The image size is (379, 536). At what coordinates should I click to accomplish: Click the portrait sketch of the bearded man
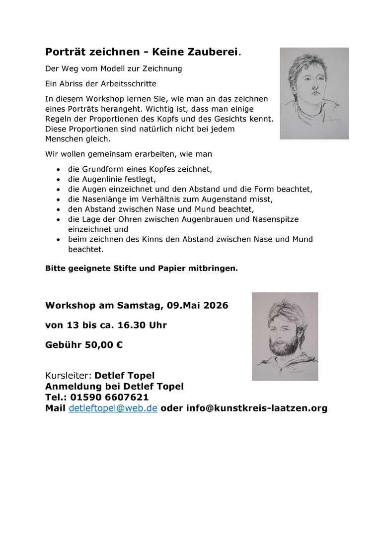click(x=285, y=336)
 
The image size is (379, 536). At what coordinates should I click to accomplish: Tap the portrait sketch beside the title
click(x=314, y=93)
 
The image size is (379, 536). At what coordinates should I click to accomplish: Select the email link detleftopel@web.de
click(x=113, y=408)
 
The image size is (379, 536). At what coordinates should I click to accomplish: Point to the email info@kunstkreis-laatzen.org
click(x=257, y=408)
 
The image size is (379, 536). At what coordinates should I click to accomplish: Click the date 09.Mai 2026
click(x=198, y=305)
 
